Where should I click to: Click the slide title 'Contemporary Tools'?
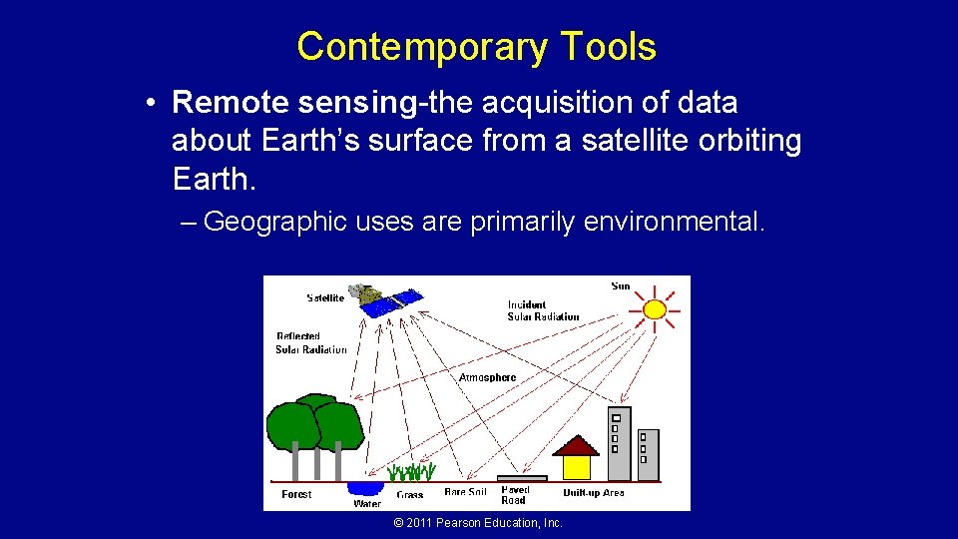coord(476,47)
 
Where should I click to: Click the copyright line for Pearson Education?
coord(478,523)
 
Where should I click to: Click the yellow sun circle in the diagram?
coord(655,308)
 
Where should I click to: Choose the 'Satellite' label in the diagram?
coord(325,297)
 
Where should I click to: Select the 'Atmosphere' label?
coord(487,377)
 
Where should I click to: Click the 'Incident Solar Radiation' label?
coord(542,310)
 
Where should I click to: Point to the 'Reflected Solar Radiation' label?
coord(310,343)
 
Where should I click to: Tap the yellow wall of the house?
coord(577,467)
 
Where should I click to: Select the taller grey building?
coord(619,442)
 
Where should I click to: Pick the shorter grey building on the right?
coord(648,453)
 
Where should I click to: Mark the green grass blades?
coord(412,472)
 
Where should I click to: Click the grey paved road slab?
coord(522,479)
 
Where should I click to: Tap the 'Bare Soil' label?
coord(466,493)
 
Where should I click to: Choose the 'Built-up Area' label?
coord(593,493)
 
